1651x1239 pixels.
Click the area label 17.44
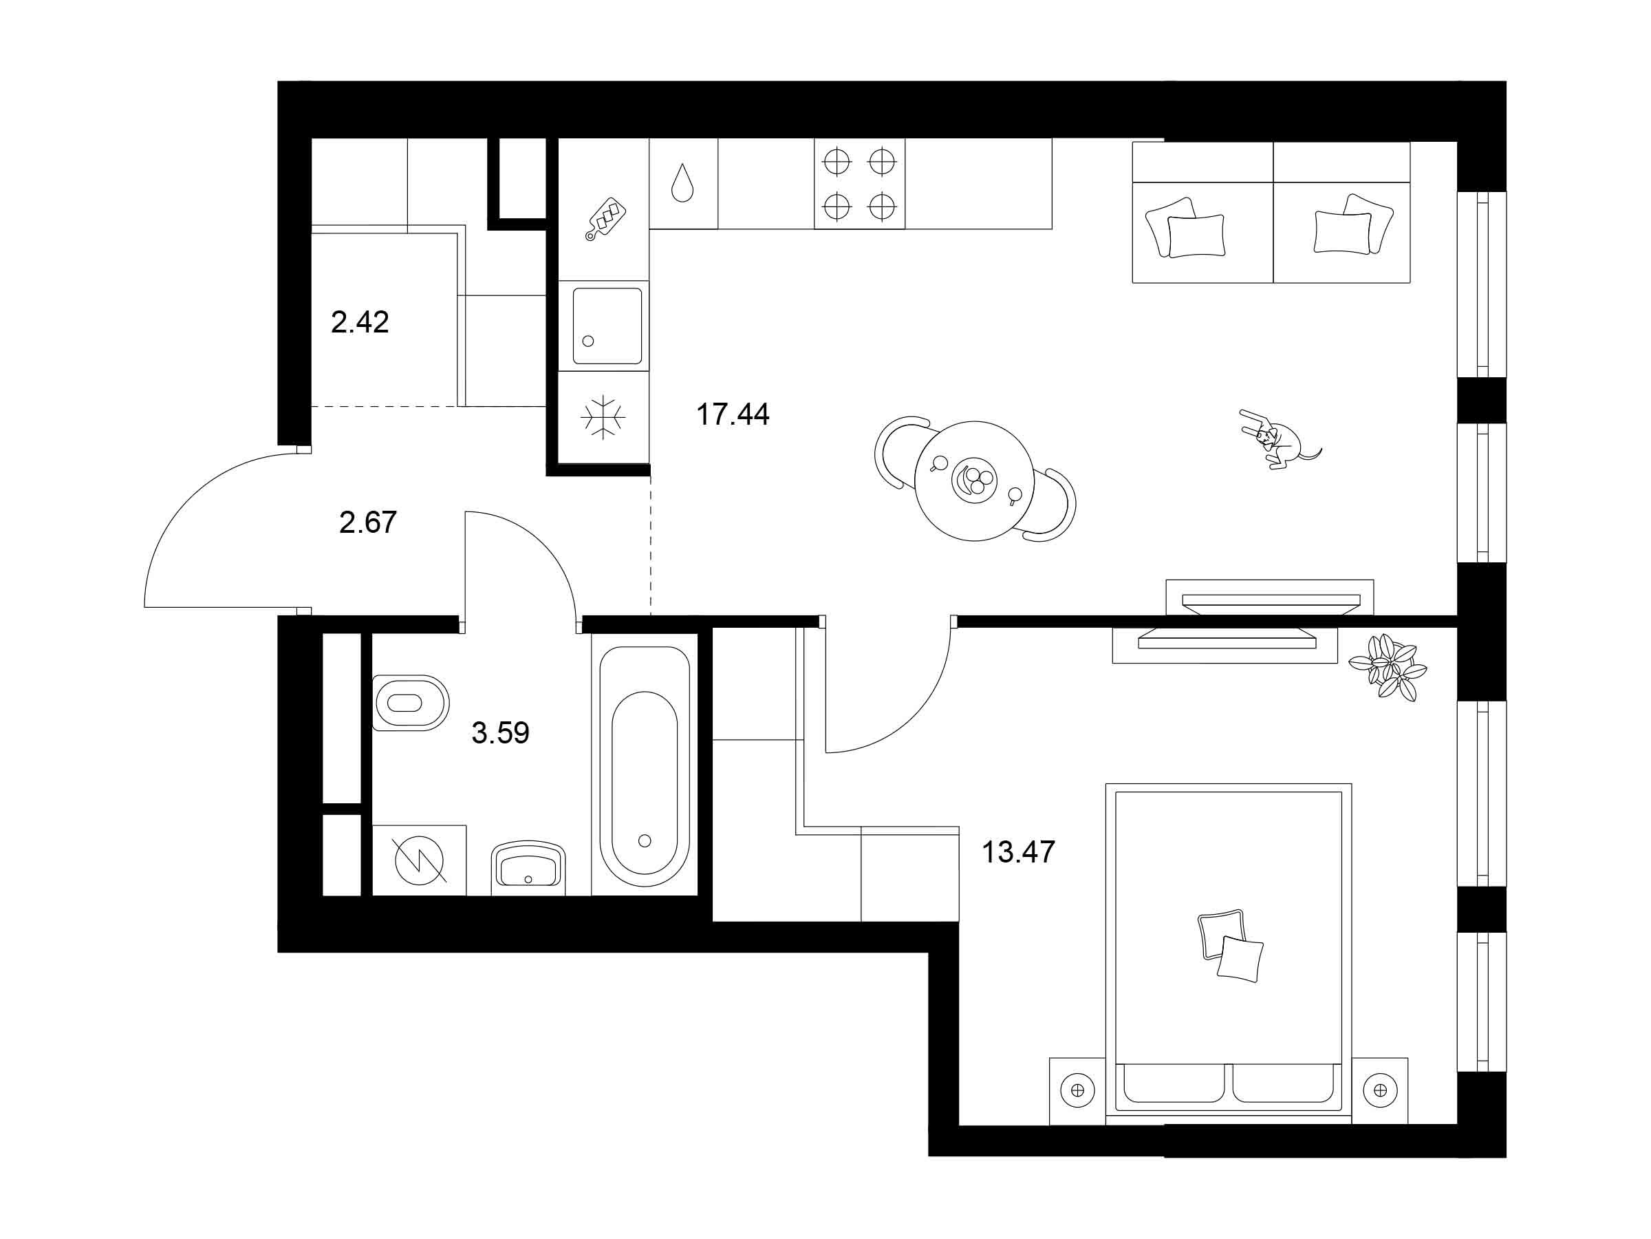click(x=732, y=414)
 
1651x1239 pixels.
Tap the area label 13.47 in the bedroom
click(x=1018, y=852)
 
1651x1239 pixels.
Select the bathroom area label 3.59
click(x=500, y=732)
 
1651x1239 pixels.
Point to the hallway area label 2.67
click(x=367, y=522)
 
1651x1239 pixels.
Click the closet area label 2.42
click(x=360, y=322)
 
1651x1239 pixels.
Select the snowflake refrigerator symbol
click(x=603, y=416)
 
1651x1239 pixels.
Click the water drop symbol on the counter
click(x=682, y=182)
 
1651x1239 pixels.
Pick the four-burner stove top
click(x=859, y=184)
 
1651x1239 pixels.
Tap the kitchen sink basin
click(x=607, y=326)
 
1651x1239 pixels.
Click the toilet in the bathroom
click(x=410, y=703)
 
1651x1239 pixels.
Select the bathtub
click(x=644, y=765)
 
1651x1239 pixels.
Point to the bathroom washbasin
click(x=528, y=867)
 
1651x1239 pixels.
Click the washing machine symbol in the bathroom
click(x=420, y=860)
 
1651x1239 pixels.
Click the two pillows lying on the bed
click(x=1230, y=945)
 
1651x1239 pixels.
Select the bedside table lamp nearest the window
click(x=1380, y=1090)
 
